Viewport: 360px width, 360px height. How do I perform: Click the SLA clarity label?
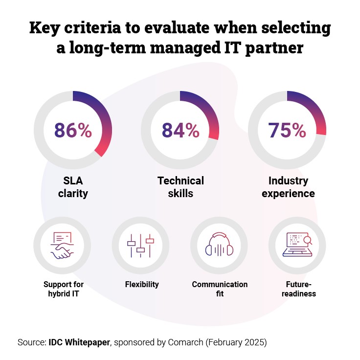[x=73, y=187]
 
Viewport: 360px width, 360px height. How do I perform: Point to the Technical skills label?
[x=180, y=187]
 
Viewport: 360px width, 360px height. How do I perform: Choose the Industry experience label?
[x=288, y=187]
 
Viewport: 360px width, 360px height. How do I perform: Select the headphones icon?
[x=220, y=246]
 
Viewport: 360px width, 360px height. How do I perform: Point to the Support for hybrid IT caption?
[x=64, y=289]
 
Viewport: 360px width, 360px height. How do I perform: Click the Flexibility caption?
[x=142, y=284]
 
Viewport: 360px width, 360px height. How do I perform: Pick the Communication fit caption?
[x=220, y=289]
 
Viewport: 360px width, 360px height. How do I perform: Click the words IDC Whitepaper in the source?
[x=80, y=342]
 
